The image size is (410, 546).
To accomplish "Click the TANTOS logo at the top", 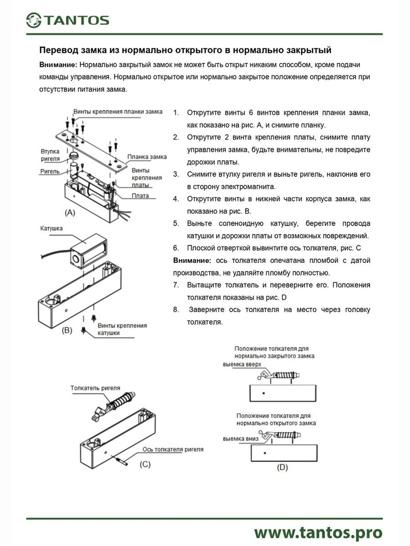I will tap(68, 20).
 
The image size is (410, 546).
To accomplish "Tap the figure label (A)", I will tap(70, 213).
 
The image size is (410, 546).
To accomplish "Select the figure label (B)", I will tap(67, 330).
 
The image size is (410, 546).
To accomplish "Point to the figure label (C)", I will tap(145, 464).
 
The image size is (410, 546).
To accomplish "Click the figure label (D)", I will tap(282, 467).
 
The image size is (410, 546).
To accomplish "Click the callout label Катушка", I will tap(51, 228).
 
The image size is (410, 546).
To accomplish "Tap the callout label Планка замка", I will tap(147, 156).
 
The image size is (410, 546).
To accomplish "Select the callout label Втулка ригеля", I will tap(50, 155).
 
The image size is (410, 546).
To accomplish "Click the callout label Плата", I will tap(140, 196).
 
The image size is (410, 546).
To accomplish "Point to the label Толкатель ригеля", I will tap(95, 388).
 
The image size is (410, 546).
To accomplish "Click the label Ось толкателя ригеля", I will tap(173, 449).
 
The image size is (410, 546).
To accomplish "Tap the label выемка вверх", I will tap(242, 364).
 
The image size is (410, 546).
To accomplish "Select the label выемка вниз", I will tap(241, 438).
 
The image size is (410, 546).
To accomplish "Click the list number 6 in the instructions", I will tap(176, 248).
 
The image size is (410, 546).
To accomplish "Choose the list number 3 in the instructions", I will tap(176, 174).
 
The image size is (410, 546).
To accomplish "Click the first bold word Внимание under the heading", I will tap(58, 65).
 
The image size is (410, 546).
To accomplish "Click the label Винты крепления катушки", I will tap(122, 329).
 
